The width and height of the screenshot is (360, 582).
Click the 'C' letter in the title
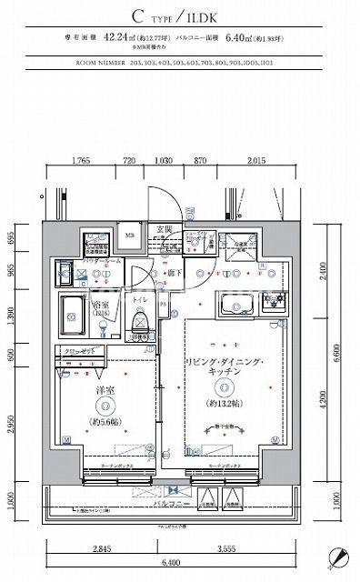[x=137, y=16]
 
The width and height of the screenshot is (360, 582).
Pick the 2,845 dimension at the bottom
[x=103, y=550]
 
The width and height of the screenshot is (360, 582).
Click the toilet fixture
[x=140, y=321]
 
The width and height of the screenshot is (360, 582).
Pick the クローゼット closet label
[x=77, y=350]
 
